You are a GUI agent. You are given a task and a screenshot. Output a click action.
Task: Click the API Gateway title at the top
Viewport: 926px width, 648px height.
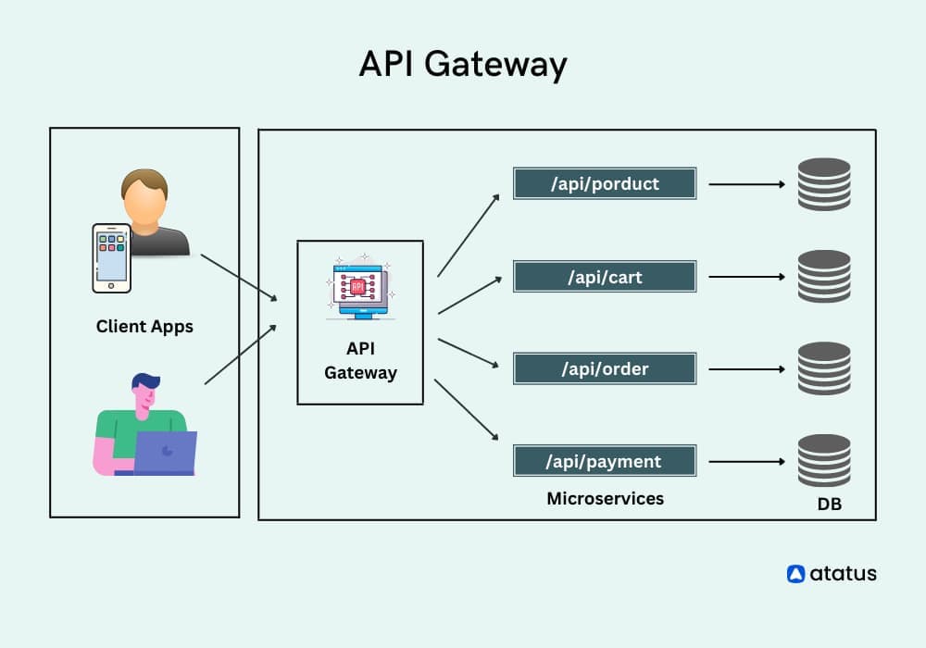coord(462,65)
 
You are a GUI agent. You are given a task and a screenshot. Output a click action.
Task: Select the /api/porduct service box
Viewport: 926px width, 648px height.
coord(605,183)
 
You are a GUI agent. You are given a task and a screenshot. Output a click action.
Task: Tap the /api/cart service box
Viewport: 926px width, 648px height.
coord(605,277)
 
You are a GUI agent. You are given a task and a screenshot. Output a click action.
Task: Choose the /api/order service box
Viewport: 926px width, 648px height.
coord(605,368)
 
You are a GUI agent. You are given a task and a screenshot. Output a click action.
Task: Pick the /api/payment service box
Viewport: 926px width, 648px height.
coord(605,461)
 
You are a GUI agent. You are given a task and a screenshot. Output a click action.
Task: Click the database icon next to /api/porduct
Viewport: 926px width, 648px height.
coord(823,184)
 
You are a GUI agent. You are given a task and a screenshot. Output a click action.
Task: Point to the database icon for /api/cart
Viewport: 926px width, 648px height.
coord(823,277)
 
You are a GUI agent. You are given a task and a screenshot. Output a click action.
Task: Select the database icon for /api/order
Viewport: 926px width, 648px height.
coord(823,368)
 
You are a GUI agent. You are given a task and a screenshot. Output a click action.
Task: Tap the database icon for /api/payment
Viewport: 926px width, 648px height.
coord(823,460)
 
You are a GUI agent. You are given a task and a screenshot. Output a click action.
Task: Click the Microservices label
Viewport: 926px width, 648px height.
coord(605,498)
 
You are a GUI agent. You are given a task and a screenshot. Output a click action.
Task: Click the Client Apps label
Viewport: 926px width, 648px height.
coord(144,327)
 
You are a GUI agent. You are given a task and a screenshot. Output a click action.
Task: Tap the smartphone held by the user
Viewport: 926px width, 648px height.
coord(111,256)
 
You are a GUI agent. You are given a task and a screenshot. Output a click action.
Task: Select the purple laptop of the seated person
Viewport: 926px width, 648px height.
coord(165,452)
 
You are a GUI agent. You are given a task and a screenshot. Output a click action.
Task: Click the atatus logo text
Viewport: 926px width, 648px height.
coord(842,573)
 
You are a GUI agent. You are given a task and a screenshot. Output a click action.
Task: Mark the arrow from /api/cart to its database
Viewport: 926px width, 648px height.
coord(746,277)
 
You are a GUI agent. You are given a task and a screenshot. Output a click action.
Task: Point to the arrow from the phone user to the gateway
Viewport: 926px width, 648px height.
coord(238,277)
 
